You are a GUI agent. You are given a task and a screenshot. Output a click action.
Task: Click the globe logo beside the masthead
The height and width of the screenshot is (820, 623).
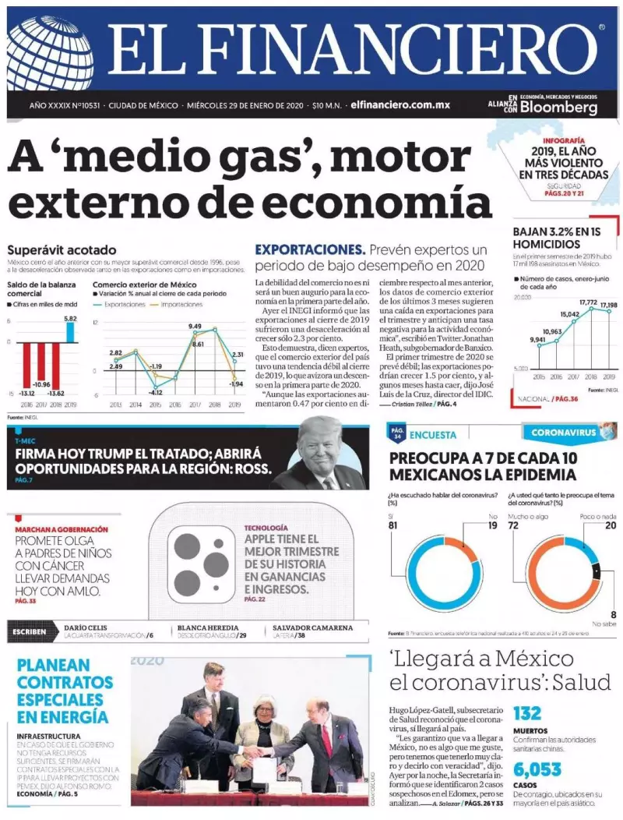point(48,53)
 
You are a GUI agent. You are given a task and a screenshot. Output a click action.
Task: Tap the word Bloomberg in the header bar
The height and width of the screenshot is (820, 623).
point(558,107)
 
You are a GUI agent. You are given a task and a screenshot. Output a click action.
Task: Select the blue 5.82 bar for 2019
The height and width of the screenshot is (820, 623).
point(70,332)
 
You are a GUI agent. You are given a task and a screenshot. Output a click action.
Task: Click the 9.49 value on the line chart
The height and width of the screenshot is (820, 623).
point(195,327)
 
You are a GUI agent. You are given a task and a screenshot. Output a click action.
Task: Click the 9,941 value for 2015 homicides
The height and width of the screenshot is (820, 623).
point(537,339)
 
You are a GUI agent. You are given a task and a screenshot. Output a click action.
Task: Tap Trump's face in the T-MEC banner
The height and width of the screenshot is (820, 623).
point(321,451)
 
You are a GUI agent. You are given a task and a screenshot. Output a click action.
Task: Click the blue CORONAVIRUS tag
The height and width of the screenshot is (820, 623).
point(563,432)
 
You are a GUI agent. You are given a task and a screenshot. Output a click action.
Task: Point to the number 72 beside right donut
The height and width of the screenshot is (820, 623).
point(514,525)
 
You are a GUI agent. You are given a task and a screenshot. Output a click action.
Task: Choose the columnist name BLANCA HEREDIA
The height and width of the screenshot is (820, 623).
point(208,627)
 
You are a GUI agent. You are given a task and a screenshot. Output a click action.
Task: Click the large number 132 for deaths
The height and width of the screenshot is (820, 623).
point(527,713)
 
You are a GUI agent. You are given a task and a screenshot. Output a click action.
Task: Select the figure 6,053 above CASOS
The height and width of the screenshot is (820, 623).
point(537,770)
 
